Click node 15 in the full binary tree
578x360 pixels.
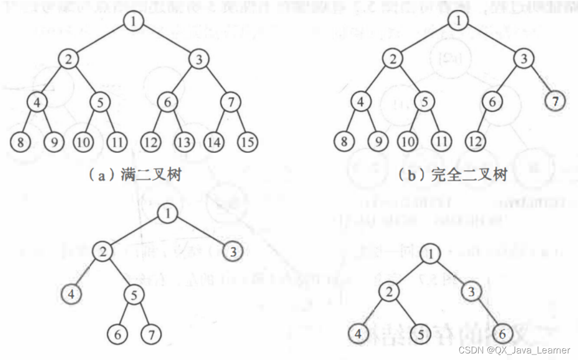pyautogui.click(x=247, y=142)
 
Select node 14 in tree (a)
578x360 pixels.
pyautogui.click(x=215, y=142)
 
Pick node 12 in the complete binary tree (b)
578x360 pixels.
pyautogui.click(x=475, y=142)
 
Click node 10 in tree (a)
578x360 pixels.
pyautogui.click(x=84, y=142)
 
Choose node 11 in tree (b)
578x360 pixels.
pyautogui.click(x=441, y=142)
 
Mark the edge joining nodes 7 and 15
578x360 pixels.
pyautogui.click(x=239, y=122)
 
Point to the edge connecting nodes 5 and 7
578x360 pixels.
pyautogui.click(x=142, y=315)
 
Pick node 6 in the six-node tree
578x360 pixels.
pyautogui.click(x=501, y=334)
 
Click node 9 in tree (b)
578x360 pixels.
pyautogui.click(x=376, y=142)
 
